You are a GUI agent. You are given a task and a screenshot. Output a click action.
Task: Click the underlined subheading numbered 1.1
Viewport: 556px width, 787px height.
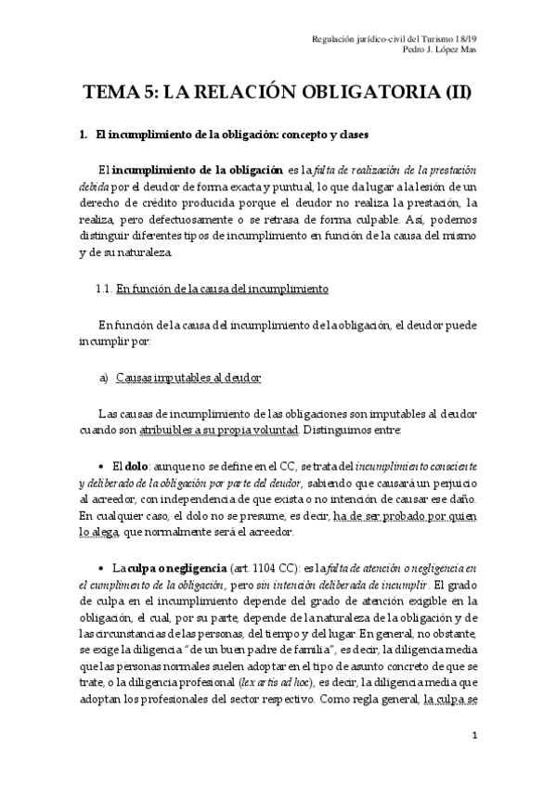point(222,289)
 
